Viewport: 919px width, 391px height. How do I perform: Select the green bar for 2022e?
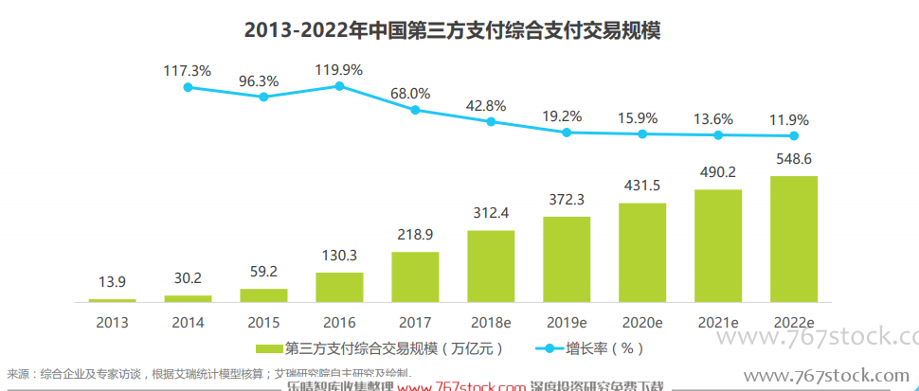(794, 239)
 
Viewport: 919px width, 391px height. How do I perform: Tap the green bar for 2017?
(415, 276)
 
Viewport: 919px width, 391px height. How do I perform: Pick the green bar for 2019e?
(567, 258)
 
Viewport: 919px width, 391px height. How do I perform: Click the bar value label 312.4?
(491, 212)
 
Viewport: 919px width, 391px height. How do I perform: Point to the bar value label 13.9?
(113, 283)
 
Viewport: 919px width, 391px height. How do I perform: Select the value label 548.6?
(794, 158)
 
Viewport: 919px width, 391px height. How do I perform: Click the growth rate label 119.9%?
(339, 68)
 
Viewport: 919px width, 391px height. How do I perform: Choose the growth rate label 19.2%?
(567, 116)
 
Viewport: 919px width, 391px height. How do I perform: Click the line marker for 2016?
(339, 86)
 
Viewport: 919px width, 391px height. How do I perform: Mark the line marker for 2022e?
(794, 136)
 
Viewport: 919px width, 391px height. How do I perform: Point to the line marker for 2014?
(188, 87)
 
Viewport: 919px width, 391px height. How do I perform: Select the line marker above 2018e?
(491, 121)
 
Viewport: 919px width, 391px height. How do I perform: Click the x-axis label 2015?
(263, 322)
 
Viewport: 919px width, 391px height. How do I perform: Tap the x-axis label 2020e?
(642, 322)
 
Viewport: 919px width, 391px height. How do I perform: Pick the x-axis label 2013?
(113, 322)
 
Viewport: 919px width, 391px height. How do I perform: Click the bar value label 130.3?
(339, 256)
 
